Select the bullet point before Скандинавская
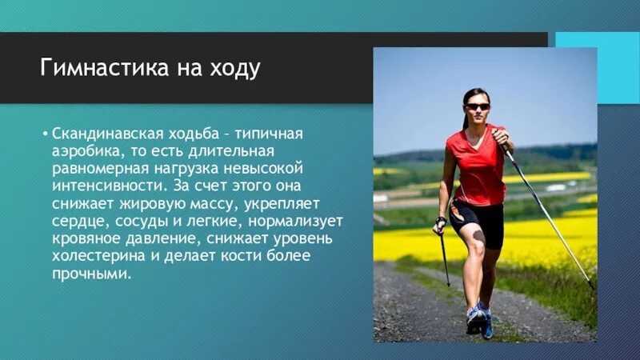[45, 133]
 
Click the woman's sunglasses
[477, 106]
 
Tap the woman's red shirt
[478, 168]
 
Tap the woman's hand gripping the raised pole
[502, 137]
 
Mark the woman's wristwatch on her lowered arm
[440, 220]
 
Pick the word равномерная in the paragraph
[94, 168]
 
